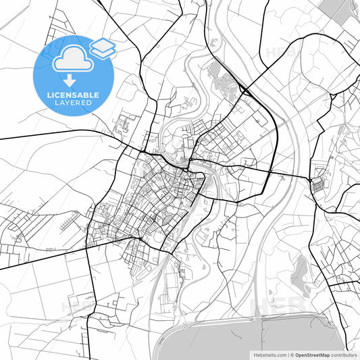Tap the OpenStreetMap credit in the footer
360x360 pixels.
pyautogui.click(x=312, y=354)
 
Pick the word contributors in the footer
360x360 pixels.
pyautogui.click(x=344, y=354)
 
